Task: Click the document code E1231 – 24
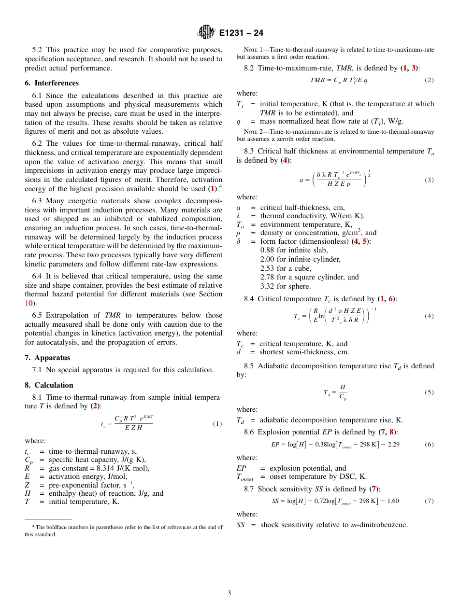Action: [241, 33]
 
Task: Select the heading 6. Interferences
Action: [52, 83]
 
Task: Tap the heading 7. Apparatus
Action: [47, 358]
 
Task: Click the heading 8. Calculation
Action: [49, 385]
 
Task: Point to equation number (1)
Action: [217, 424]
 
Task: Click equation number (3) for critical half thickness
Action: [429, 180]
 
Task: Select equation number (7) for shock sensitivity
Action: [429, 501]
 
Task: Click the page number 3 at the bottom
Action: [229, 593]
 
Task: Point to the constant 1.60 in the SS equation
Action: [392, 501]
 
